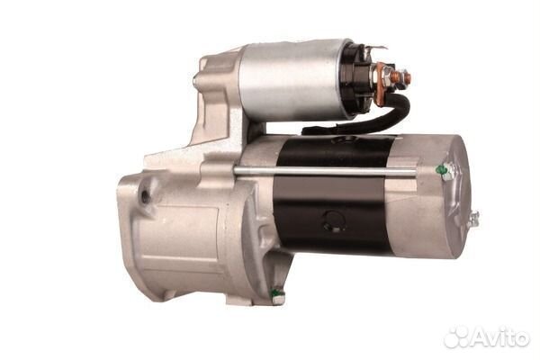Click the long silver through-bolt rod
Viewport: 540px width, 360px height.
click(326, 170)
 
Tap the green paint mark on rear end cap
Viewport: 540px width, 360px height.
click(441, 170)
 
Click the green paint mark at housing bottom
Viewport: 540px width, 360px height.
click(276, 293)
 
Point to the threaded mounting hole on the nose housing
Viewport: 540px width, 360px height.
click(146, 196)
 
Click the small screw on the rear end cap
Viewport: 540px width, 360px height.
click(473, 219)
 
